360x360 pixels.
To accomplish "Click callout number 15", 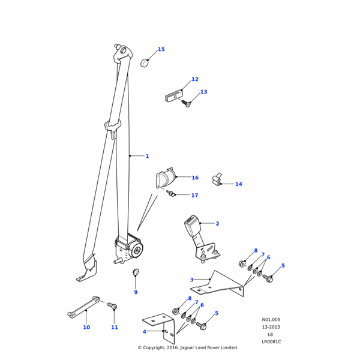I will (161, 50).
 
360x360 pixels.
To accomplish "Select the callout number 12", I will (194, 80).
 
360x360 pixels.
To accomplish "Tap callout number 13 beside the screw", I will (203, 92).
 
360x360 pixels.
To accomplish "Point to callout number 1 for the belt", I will (147, 157).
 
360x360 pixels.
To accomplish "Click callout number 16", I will (195, 178).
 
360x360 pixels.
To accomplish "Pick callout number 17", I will (194, 196).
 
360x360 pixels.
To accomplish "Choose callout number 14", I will (238, 184).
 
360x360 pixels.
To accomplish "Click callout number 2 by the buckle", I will (217, 224).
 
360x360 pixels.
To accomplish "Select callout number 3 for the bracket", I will (191, 280).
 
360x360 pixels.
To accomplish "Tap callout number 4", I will (144, 332).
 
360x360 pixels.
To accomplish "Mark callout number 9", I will (136, 292).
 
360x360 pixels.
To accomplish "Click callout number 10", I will (86, 328).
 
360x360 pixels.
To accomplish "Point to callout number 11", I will (115, 328).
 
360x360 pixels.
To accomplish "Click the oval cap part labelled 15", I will (145, 63).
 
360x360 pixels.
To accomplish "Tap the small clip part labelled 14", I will (217, 179).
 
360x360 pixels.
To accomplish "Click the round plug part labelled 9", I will (136, 273).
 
